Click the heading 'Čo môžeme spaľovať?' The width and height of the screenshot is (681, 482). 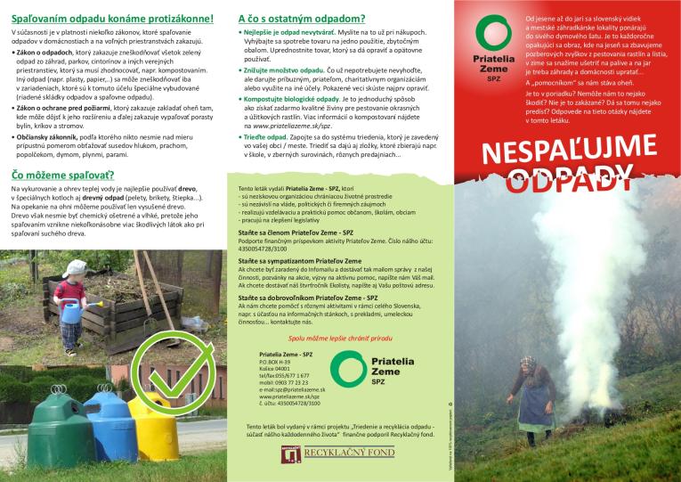tap(63, 175)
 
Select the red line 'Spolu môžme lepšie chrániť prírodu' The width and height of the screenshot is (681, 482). tap(317, 339)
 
